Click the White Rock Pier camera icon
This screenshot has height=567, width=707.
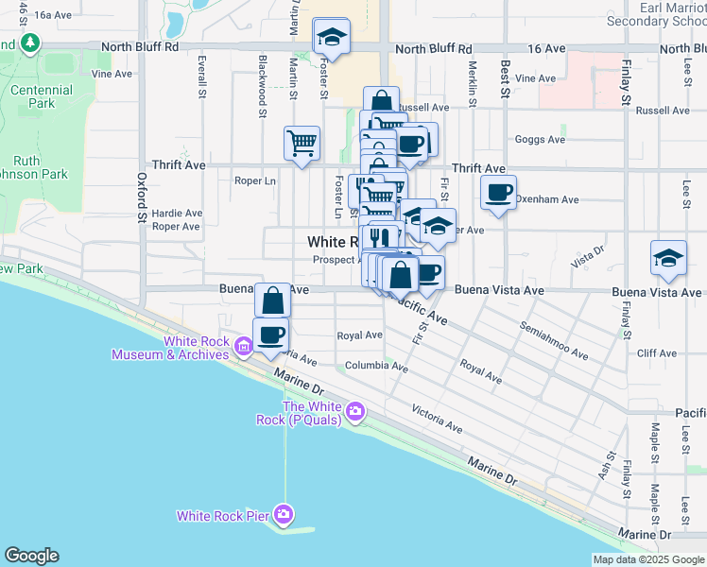(x=284, y=515)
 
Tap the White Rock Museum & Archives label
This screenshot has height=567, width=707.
(x=169, y=348)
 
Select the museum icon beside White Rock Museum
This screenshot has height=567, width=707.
(x=244, y=347)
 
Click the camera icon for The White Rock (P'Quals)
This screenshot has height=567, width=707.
(x=355, y=410)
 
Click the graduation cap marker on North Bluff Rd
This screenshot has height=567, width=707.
(x=331, y=37)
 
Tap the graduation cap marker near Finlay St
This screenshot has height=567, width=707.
(x=668, y=259)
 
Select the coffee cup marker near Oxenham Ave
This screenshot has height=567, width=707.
(x=498, y=193)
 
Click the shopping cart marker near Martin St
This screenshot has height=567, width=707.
(x=302, y=144)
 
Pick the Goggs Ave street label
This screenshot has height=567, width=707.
(x=540, y=140)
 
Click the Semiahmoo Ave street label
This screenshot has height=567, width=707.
(x=555, y=340)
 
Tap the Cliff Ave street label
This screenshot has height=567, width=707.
(x=657, y=353)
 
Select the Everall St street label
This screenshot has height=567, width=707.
(x=202, y=77)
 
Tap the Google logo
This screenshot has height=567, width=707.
(x=31, y=556)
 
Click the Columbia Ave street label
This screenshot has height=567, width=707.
(x=376, y=366)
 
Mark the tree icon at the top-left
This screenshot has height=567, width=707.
(x=30, y=43)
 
